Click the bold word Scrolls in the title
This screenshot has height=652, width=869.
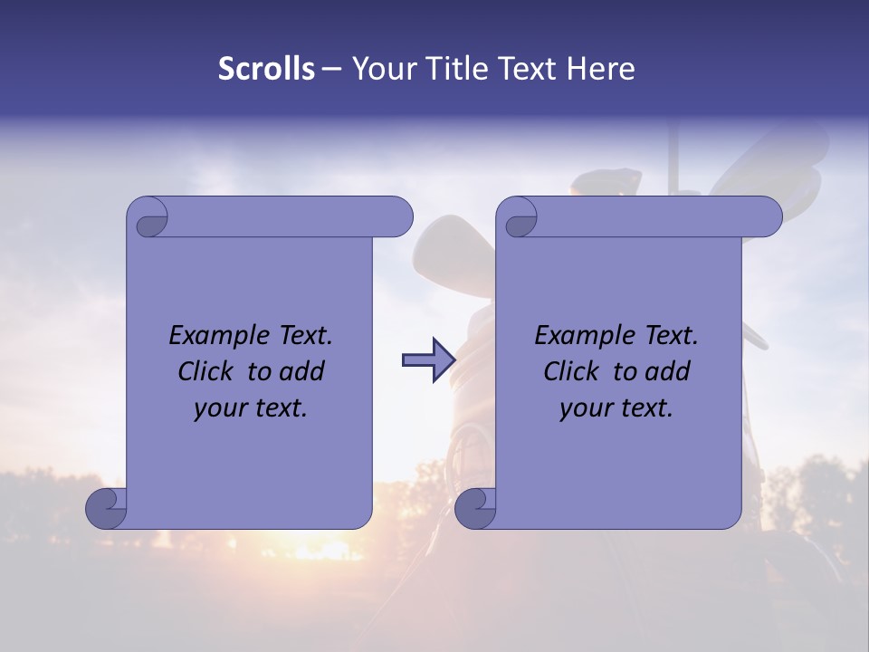pos(266,69)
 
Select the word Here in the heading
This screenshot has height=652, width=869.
pos(600,69)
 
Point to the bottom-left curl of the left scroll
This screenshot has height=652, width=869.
pos(106,508)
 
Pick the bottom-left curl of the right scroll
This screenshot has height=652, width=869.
pos(475,508)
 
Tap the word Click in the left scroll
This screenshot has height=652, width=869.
pos(205,371)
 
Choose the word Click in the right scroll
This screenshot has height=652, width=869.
pos(571,371)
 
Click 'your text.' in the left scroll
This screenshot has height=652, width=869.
pos(251,408)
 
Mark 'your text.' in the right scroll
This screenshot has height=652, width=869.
pos(616,408)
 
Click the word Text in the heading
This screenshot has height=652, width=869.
pos(530,69)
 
